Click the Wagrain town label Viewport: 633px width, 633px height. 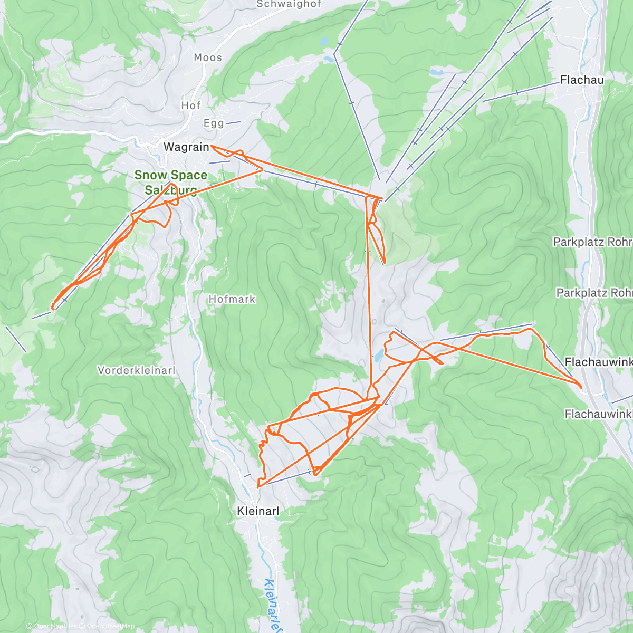(x=186, y=147)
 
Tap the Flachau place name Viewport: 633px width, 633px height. (x=582, y=80)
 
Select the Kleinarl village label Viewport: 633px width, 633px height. (x=258, y=511)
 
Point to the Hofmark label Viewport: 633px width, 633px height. (x=232, y=299)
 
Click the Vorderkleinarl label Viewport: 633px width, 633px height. (x=136, y=370)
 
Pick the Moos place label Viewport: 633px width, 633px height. (x=208, y=57)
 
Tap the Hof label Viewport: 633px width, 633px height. (x=191, y=105)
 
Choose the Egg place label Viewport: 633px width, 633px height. (x=214, y=123)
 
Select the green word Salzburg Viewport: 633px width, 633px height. (x=170, y=190)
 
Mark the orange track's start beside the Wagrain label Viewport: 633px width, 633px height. (x=212, y=146)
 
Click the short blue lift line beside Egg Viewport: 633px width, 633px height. (x=234, y=122)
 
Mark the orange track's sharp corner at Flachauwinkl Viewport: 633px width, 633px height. (x=581, y=387)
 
